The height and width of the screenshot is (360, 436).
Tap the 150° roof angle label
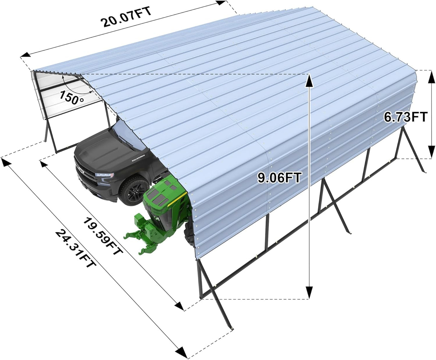72,97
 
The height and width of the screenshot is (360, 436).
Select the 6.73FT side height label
405,117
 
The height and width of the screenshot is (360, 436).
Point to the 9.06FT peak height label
279,177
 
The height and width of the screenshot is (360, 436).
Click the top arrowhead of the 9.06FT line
309,80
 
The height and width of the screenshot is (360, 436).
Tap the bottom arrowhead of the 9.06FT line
309,292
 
